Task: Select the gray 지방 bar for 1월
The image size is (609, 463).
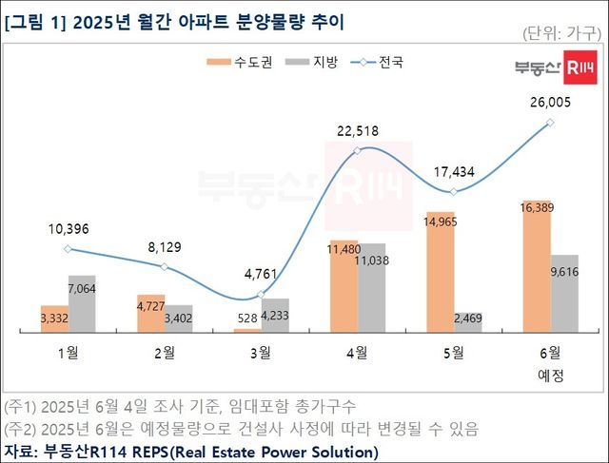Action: [x=82, y=303]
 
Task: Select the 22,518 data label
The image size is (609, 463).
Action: [x=358, y=131]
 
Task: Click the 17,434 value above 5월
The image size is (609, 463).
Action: [x=455, y=173]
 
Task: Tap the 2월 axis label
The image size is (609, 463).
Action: [x=164, y=353]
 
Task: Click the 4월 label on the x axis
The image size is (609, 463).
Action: [x=358, y=353]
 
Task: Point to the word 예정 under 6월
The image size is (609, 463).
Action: [x=551, y=375]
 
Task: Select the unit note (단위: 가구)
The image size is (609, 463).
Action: [x=562, y=33]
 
